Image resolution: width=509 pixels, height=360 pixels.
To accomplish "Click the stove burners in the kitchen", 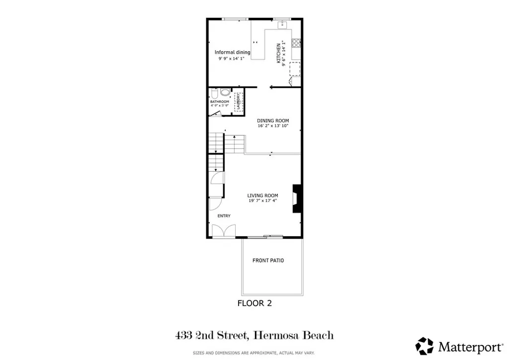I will (296, 43).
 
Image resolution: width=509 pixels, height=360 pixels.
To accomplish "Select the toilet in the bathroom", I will (214, 93).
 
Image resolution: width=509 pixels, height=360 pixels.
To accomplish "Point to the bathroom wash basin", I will (224, 92).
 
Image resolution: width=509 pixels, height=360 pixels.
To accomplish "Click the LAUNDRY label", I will (239, 101).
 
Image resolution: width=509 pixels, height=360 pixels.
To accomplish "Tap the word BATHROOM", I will (219, 101).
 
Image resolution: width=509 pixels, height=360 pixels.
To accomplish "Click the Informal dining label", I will (232, 52).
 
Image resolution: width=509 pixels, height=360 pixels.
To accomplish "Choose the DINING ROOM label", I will (272, 120).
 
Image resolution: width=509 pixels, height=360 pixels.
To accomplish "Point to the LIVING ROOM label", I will (262, 195).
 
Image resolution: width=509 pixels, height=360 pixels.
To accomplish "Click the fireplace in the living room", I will (297, 199).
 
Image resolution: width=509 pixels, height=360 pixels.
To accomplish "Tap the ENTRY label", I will (224, 215).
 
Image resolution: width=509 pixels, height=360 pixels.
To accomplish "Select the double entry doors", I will (223, 231).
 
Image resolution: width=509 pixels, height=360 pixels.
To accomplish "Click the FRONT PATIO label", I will (268, 261).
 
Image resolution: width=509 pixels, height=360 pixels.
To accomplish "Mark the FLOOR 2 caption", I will (254, 303).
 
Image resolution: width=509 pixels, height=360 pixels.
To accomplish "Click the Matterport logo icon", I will (424, 346).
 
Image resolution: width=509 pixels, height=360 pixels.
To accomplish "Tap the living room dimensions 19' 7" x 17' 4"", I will (262, 201).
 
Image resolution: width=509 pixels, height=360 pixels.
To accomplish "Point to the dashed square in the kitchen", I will (295, 69).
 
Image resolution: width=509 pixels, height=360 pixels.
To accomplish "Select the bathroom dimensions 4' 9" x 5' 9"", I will (219, 105).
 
